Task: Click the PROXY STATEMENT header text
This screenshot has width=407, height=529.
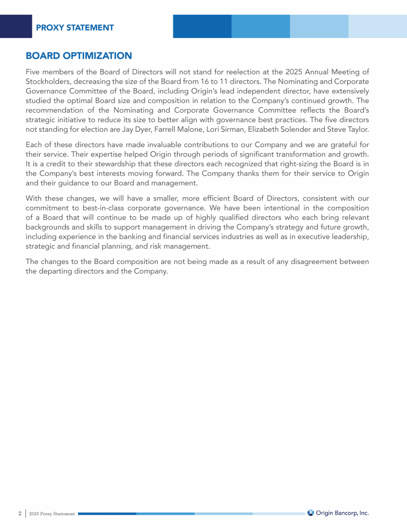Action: click(75, 28)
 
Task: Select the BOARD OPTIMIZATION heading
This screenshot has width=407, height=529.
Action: click(78, 56)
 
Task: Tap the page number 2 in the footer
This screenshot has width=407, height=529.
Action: click(20, 513)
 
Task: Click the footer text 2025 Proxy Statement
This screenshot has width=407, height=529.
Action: click(52, 514)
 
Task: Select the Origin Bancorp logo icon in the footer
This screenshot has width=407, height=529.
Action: click(311, 513)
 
